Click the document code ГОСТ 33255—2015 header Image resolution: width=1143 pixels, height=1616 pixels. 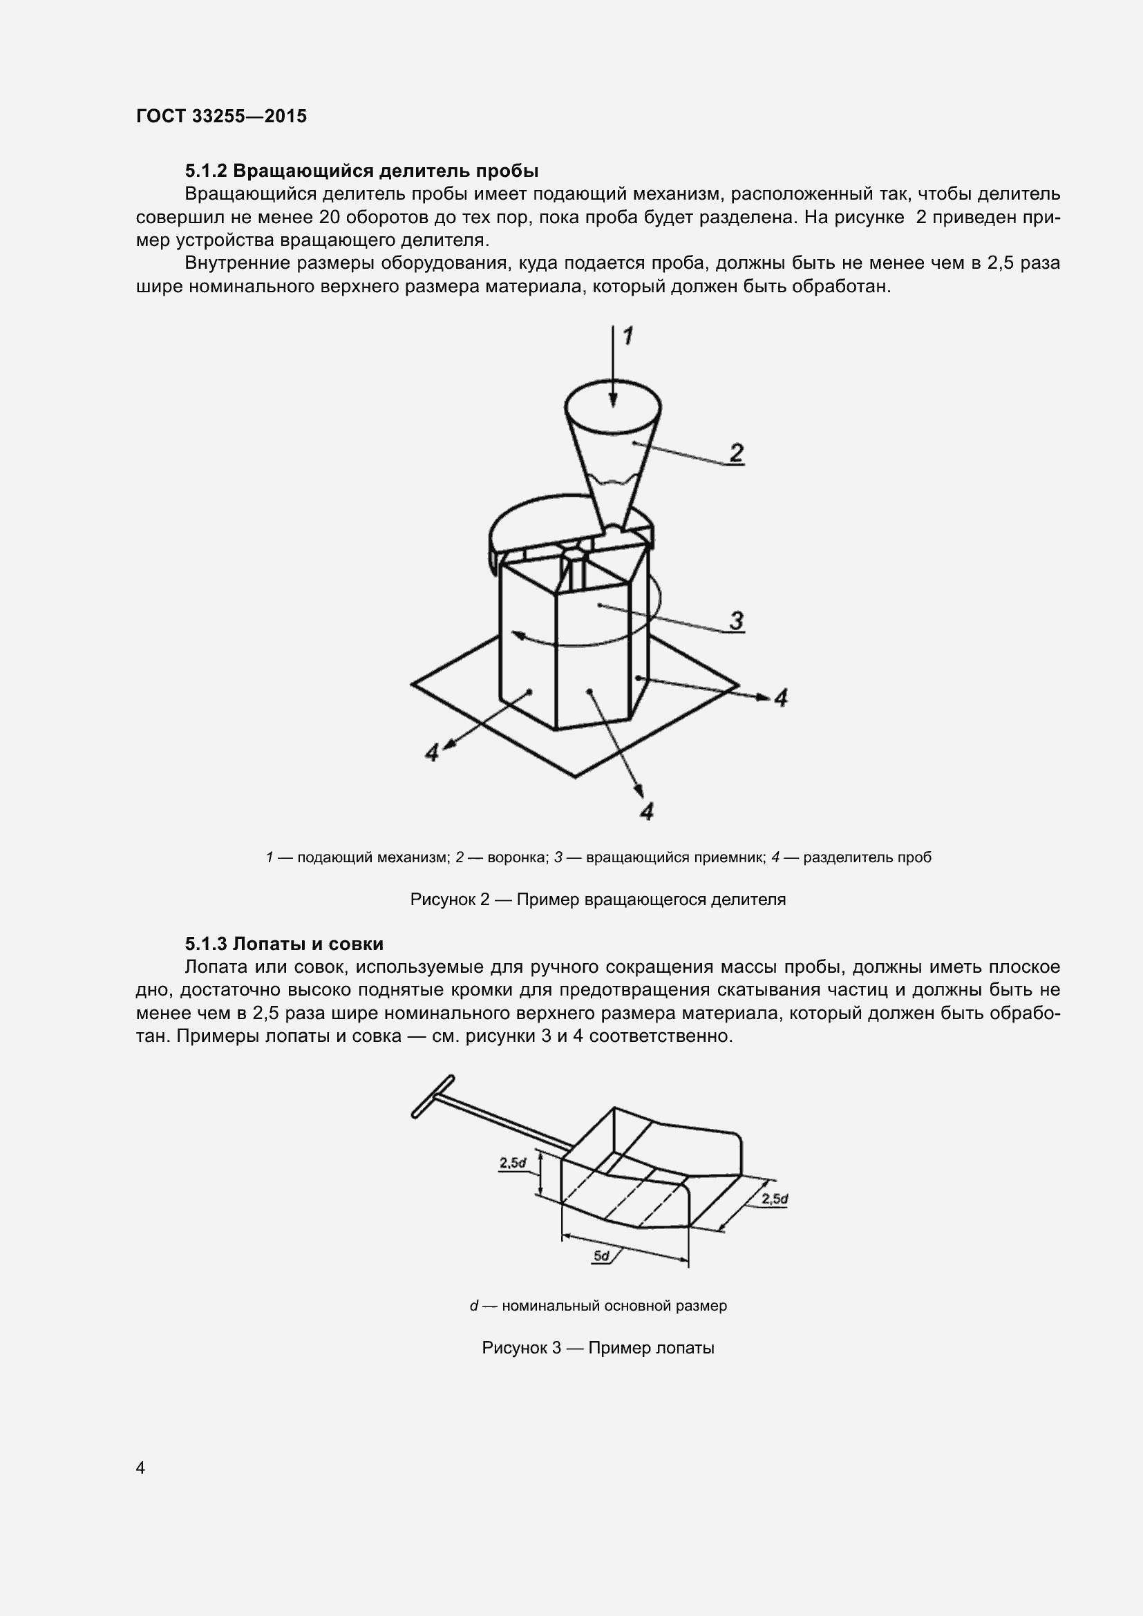coord(222,117)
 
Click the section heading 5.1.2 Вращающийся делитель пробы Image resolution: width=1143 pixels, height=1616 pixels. coord(361,171)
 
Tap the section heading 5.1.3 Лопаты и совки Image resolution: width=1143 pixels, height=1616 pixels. coord(284,944)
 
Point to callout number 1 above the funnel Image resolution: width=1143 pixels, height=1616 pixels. coord(627,336)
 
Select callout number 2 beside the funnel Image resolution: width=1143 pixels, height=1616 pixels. coord(736,452)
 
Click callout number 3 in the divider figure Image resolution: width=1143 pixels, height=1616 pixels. coord(736,621)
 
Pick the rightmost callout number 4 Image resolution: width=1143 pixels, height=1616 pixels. coord(780,698)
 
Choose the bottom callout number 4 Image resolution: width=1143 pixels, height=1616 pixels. coord(647,812)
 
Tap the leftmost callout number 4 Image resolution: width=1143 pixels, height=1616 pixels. coord(432,752)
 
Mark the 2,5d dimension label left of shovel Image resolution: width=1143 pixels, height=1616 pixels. coord(513,1163)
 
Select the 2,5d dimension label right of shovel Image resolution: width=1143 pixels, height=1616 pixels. coord(774,1199)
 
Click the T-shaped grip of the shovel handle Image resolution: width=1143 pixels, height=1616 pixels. coord(432,1096)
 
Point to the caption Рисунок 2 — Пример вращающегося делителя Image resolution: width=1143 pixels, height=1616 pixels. coord(598,900)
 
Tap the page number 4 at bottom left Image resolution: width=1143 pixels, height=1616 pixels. coord(141,1467)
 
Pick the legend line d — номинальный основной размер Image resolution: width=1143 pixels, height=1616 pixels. coord(598,1306)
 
